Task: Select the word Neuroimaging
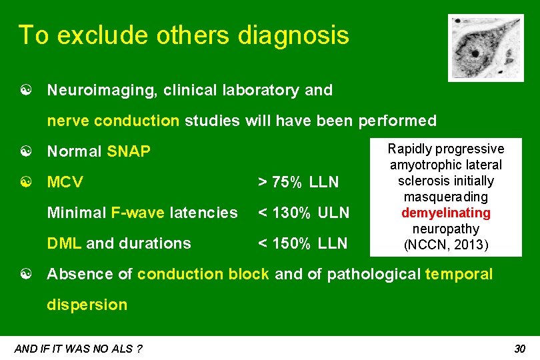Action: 91,90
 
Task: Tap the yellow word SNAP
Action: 129,152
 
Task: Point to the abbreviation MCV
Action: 65,182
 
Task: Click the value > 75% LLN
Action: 298,182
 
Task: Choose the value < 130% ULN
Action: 303,213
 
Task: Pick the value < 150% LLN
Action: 303,243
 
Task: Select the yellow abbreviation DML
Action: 65,243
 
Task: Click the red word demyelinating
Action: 445,213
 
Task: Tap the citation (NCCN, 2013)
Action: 446,245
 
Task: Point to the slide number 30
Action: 520,349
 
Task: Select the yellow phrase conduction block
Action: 203,274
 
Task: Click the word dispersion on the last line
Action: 87,305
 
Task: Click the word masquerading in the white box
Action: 446,197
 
